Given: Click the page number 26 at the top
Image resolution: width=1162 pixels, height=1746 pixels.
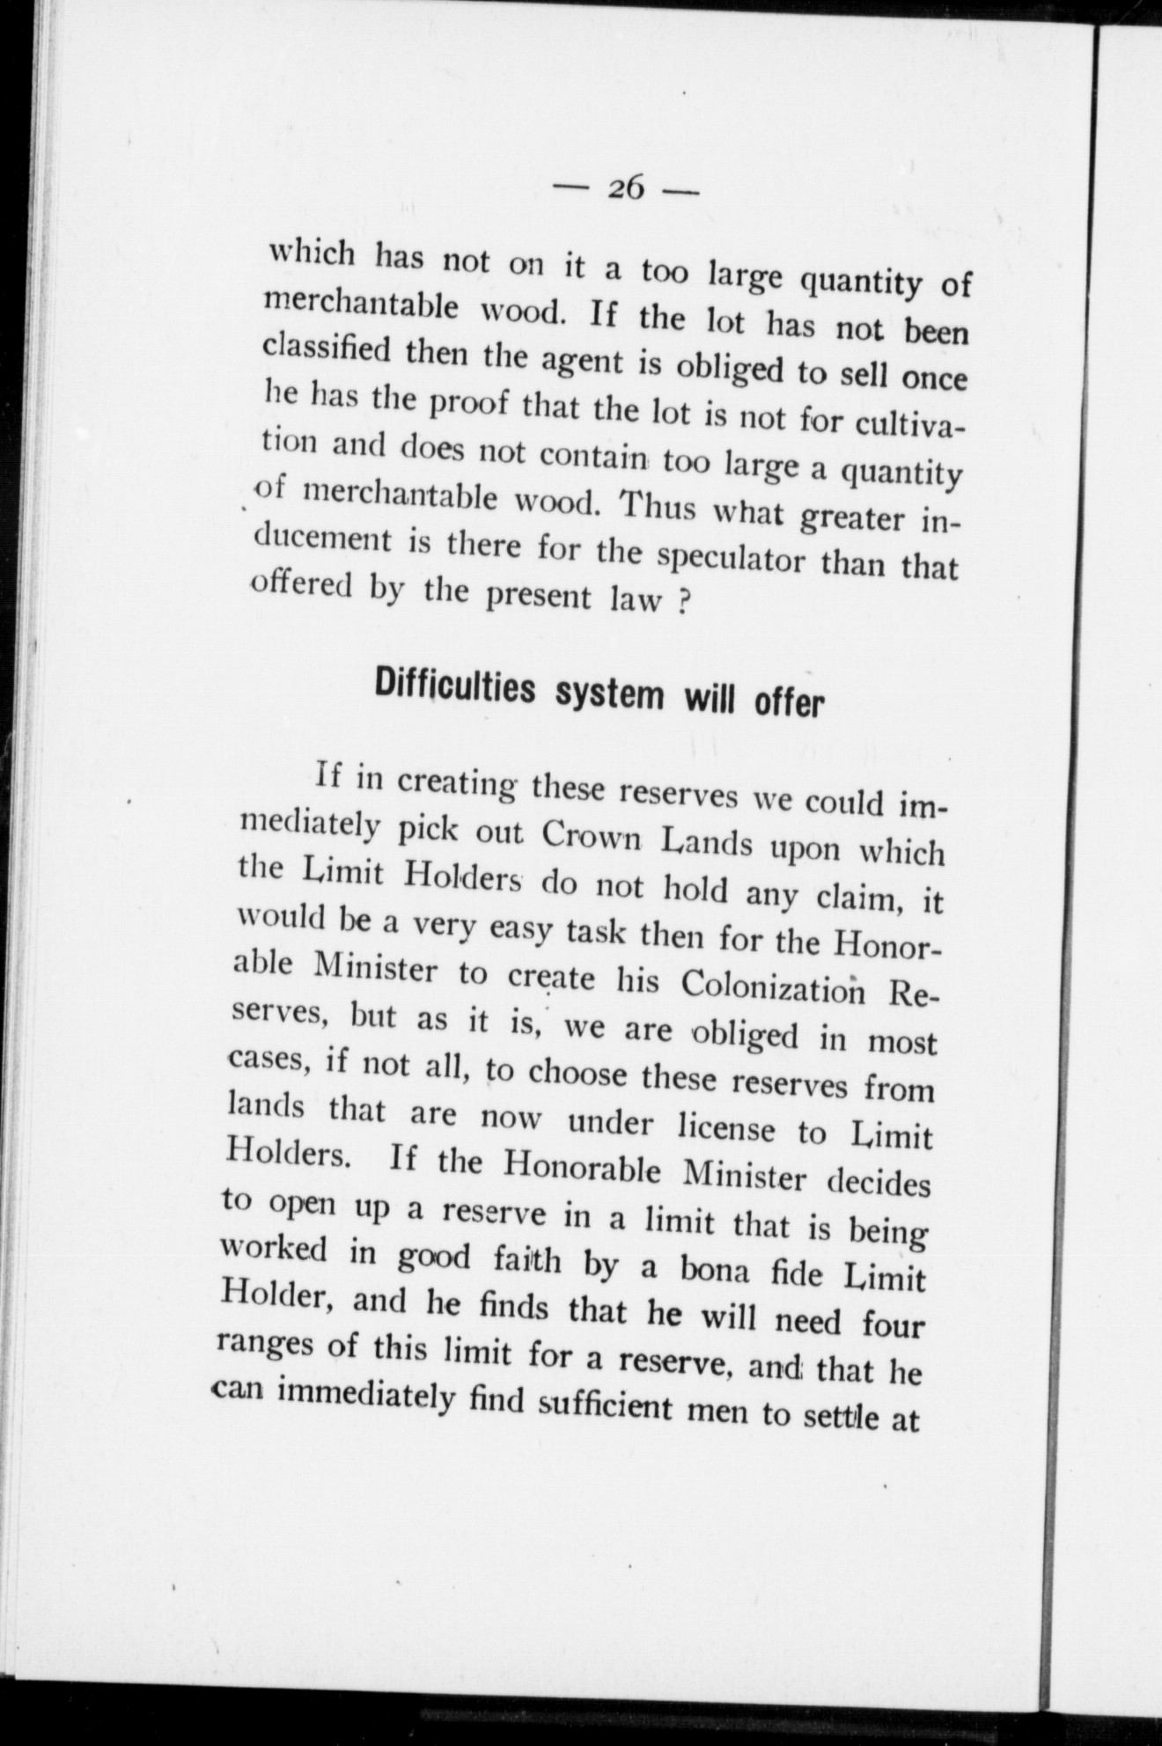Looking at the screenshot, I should pos(627,187).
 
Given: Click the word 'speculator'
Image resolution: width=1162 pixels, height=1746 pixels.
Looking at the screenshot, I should pos(731,558).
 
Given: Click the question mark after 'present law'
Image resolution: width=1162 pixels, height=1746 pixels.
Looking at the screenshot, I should pos(680,607).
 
